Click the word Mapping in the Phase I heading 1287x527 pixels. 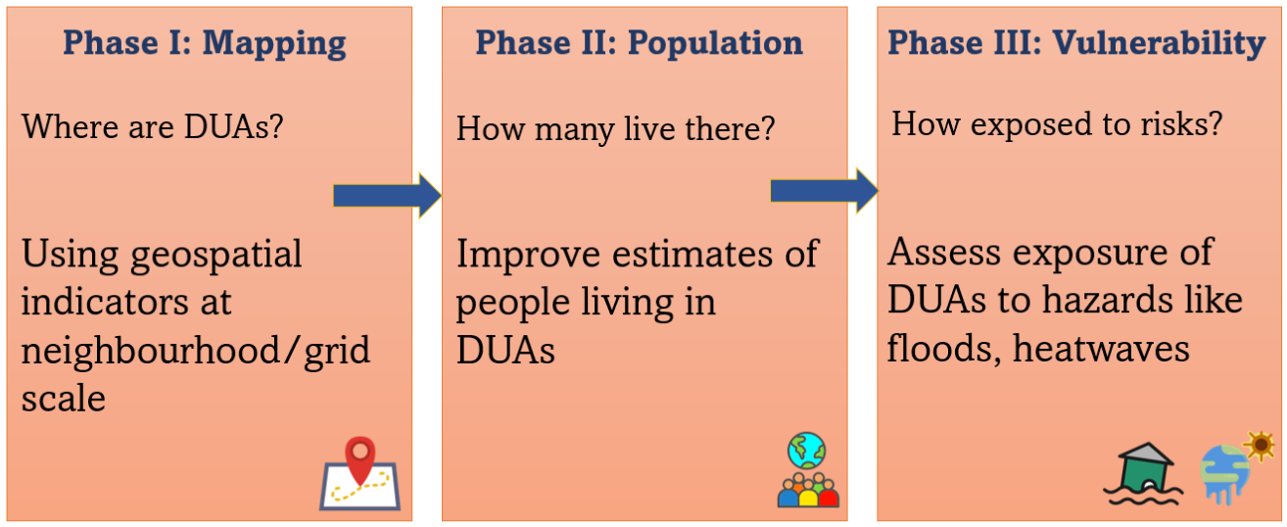tap(274, 44)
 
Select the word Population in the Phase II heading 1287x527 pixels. tap(715, 44)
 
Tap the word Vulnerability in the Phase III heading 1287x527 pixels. tap(1159, 44)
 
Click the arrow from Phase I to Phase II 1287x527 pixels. tap(387, 196)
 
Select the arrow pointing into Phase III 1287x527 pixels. tap(824, 191)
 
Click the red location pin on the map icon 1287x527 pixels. tap(360, 459)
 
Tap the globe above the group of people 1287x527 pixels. tap(807, 452)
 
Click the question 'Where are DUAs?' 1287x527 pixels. tap(152, 126)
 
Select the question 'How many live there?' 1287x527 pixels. tap(615, 128)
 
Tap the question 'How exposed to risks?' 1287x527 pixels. tap(1057, 124)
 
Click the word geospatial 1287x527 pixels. tap(216, 256)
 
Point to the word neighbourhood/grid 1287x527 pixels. tap(196, 352)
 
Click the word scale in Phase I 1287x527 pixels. tap(64, 399)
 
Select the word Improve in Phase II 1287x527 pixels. tap(528, 255)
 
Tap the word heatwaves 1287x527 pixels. tap(1101, 349)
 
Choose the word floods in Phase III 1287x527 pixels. tap(944, 350)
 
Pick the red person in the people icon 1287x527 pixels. tap(828, 493)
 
